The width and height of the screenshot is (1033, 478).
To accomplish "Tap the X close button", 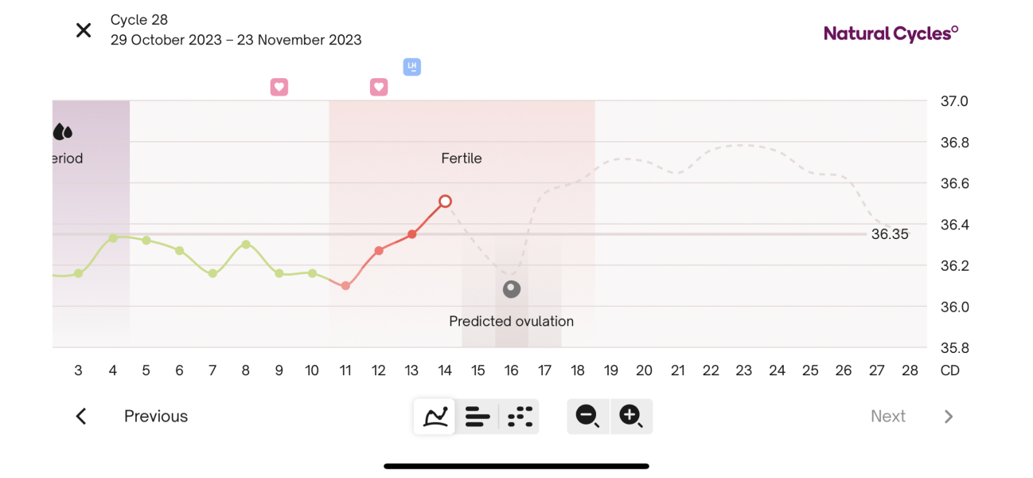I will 84,30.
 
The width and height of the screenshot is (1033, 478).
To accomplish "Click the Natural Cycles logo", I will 891,33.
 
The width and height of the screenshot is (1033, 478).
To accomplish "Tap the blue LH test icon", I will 411,67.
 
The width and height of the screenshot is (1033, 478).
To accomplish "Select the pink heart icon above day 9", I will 279,87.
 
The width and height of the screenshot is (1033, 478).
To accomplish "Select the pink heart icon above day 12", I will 379,87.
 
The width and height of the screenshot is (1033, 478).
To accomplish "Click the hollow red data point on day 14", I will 445,202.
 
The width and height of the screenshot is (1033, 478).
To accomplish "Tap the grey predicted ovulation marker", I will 512,289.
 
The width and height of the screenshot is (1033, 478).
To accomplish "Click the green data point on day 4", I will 113,238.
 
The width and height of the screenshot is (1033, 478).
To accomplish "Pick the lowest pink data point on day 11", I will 345,285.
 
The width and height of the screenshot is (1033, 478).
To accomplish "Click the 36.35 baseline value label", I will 889,235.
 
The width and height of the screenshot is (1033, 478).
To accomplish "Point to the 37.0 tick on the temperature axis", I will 954,102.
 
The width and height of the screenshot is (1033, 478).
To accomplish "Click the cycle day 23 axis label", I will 743,370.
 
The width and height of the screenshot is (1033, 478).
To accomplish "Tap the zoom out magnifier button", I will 588,416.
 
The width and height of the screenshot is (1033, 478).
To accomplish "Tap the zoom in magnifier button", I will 631,416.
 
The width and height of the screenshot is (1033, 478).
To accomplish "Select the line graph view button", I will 435,416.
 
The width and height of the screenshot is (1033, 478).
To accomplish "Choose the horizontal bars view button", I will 478,416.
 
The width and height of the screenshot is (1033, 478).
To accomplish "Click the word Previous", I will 156,417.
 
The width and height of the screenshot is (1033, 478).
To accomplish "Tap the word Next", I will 887,417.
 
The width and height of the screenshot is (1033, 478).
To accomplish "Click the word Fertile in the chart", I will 462,159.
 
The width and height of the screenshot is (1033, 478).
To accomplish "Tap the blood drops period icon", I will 63,131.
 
